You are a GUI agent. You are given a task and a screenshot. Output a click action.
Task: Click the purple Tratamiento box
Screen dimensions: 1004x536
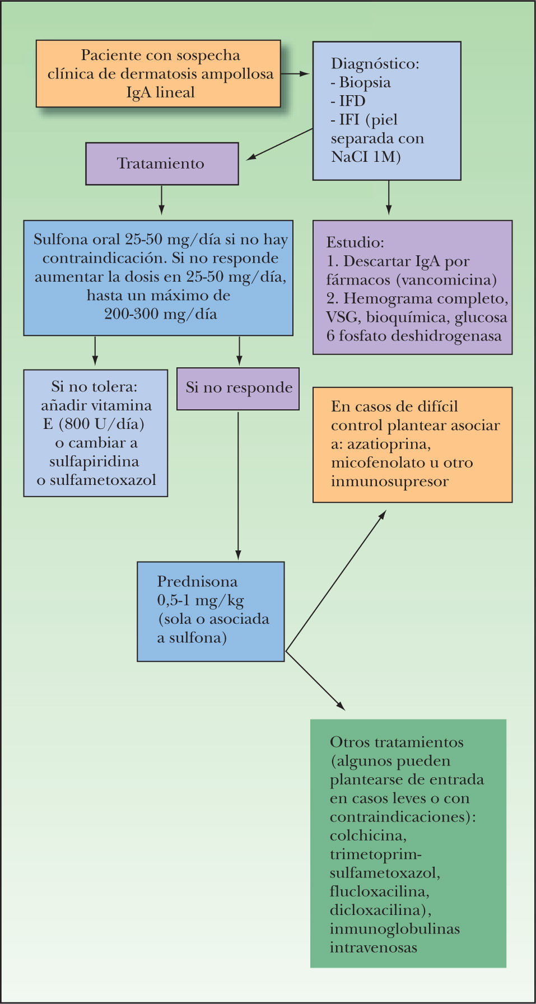click(x=162, y=164)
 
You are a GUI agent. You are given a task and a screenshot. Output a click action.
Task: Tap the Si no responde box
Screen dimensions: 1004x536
click(x=238, y=388)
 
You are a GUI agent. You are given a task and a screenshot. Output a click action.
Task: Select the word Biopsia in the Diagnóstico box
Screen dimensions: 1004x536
click(x=365, y=82)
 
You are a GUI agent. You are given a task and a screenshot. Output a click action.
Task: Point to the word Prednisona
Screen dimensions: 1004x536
click(x=197, y=581)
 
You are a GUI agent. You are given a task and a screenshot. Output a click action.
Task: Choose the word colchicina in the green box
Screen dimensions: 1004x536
click(x=368, y=835)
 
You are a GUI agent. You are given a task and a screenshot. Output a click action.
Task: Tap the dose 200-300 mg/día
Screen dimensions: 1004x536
click(x=160, y=314)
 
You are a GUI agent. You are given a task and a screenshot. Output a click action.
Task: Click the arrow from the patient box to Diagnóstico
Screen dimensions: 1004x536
click(x=295, y=73)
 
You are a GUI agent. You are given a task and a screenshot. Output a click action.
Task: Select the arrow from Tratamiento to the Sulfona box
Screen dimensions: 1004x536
click(x=161, y=200)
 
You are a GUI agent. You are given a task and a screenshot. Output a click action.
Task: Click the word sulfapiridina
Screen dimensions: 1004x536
click(x=94, y=461)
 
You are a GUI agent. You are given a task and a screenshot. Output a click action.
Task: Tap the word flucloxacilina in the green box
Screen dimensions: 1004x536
click(x=380, y=891)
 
